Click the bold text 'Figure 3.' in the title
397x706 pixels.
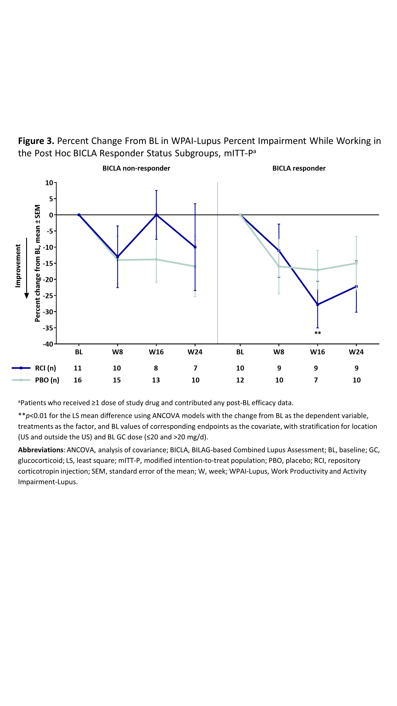click(36, 141)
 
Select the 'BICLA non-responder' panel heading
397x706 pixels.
click(136, 168)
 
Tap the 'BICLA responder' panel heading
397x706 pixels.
click(299, 168)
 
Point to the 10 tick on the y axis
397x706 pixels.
click(49, 183)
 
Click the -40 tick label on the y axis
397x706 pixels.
click(48, 344)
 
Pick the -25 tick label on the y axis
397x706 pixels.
click(48, 295)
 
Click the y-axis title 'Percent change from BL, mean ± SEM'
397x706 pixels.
click(38, 263)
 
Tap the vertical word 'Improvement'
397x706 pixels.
click(18, 266)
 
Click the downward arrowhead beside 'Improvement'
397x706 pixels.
click(27, 296)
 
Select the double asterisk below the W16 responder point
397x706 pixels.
click(318, 333)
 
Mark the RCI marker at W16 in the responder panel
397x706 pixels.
click(318, 304)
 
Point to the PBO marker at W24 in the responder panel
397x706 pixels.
click(356, 263)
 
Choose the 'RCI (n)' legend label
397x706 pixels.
click(46, 368)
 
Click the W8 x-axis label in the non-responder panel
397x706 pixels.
click(118, 352)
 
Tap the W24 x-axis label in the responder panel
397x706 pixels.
click(356, 352)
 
